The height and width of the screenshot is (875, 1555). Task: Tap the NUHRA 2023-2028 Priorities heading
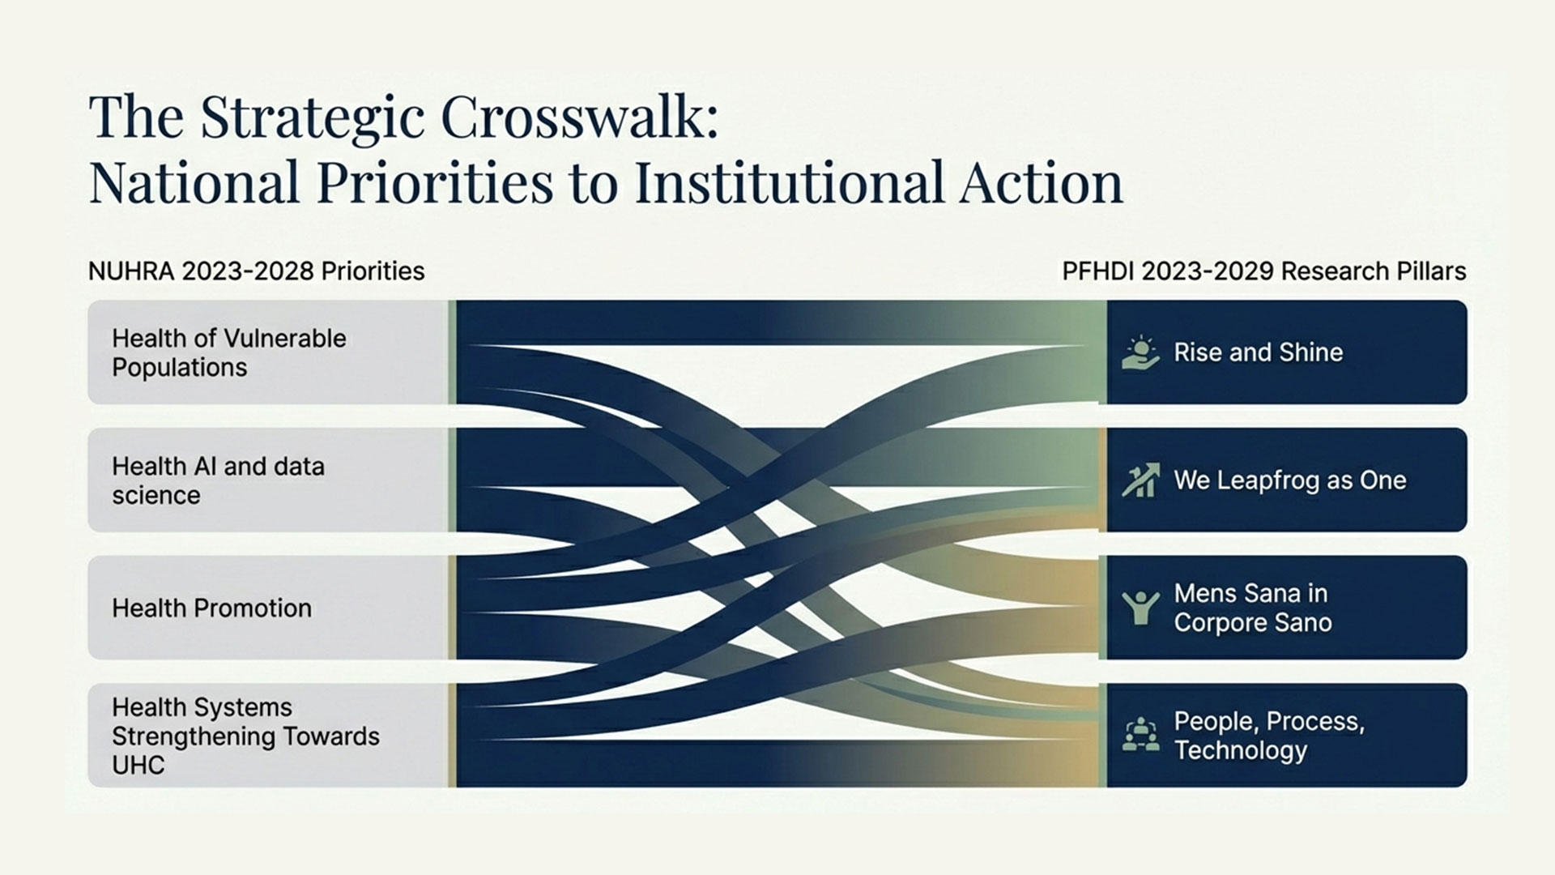[256, 271]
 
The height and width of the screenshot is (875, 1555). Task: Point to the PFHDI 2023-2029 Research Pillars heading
[1263, 271]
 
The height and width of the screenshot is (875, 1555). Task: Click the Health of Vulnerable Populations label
[229, 352]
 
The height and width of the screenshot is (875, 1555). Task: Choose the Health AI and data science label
[218, 480]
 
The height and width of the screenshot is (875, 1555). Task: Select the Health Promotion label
[211, 608]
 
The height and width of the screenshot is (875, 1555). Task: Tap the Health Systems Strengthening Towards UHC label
[245, 736]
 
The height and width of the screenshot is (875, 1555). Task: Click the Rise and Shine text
[1258, 352]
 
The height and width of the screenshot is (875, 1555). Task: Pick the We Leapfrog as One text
[1290, 480]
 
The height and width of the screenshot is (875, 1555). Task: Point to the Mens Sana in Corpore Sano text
[1252, 608]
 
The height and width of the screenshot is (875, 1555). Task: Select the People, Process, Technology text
[1269, 736]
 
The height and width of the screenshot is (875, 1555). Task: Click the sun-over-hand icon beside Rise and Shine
[1140, 352]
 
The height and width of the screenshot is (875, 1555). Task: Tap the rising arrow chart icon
[1140, 480]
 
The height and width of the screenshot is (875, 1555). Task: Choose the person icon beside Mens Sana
[1140, 608]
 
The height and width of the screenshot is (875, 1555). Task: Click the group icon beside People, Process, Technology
[1140, 734]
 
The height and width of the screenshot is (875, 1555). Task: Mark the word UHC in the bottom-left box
[138, 765]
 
